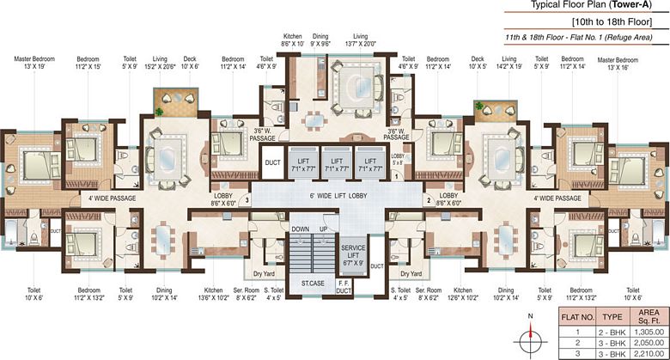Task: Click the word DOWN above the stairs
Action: click(299, 229)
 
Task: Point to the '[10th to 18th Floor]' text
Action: click(618, 21)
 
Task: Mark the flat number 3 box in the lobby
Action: click(247, 200)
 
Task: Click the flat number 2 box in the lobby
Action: click(427, 200)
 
